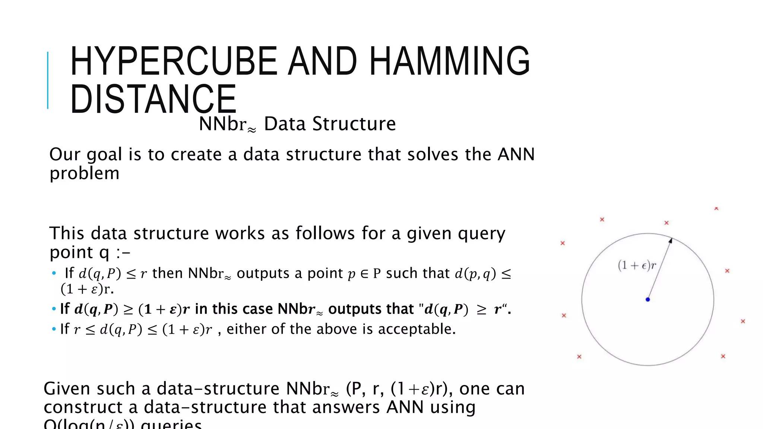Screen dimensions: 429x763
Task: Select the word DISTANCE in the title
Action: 153,99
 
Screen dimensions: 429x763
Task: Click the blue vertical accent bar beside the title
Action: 48,80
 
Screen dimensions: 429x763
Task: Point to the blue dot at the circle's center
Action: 648,299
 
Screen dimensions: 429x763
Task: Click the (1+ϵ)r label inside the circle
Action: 637,265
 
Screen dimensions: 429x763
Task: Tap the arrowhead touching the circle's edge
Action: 670,241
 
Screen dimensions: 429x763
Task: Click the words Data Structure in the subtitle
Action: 330,124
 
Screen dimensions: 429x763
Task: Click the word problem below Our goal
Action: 84,174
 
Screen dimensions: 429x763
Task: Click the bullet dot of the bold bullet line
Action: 54,309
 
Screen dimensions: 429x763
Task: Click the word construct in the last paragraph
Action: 83,407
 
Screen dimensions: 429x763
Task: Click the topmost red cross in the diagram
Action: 716,209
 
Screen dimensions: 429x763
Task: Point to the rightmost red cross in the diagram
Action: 743,321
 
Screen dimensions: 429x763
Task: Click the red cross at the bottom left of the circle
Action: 579,357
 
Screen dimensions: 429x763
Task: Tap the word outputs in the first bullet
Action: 263,273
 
